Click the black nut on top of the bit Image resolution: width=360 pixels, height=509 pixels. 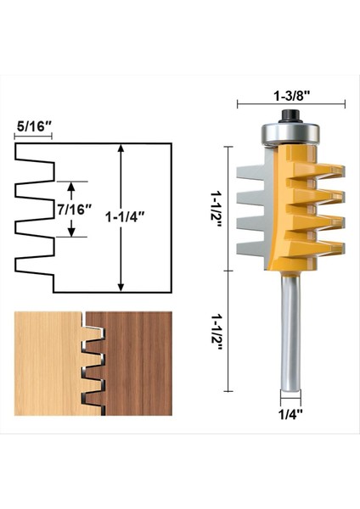point(290,114)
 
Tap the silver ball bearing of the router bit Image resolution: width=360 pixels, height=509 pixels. point(290,131)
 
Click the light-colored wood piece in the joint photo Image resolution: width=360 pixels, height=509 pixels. point(42,365)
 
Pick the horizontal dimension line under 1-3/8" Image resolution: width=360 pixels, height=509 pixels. point(290,104)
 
